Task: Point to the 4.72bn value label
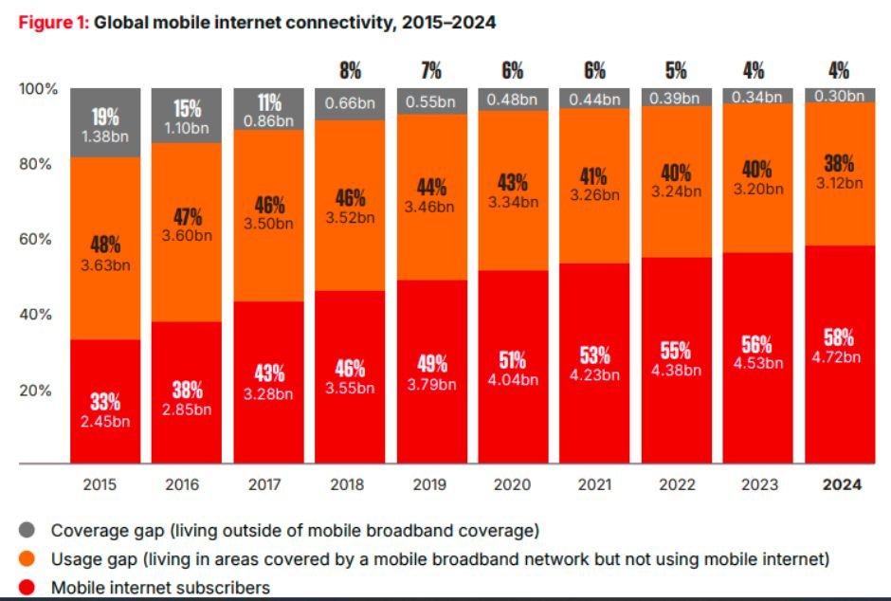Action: coord(839,357)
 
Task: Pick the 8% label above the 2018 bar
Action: coord(349,70)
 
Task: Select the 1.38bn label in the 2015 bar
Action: coord(104,137)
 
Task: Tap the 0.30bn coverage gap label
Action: coord(839,95)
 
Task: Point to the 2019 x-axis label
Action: coord(430,484)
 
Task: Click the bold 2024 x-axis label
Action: coord(842,484)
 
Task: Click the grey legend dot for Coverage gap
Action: coord(25,530)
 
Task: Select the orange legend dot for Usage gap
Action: coord(25,559)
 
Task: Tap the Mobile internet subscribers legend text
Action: coord(160,588)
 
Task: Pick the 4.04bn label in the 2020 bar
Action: coord(512,379)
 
